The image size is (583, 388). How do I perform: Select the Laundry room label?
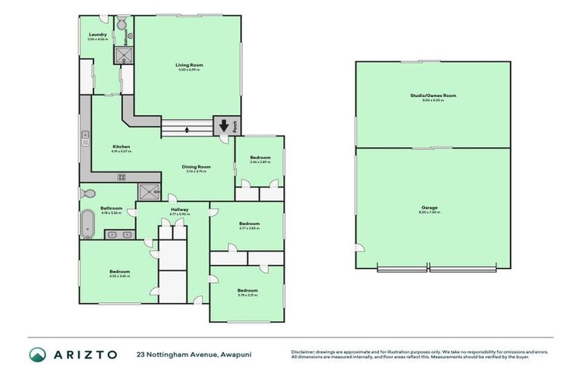[97, 35]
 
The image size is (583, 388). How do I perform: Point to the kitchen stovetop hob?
[121, 177]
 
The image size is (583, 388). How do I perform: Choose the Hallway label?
[180, 209]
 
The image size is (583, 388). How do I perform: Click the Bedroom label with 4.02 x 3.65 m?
[119, 272]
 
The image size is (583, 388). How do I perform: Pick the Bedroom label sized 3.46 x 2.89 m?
[260, 158]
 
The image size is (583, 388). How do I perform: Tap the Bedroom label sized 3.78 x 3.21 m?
[247, 291]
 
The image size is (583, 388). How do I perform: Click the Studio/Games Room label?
[433, 95]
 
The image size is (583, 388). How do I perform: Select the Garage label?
[430, 208]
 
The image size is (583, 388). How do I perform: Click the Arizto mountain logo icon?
[37, 355]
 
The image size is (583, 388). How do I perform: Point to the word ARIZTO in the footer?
[85, 355]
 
